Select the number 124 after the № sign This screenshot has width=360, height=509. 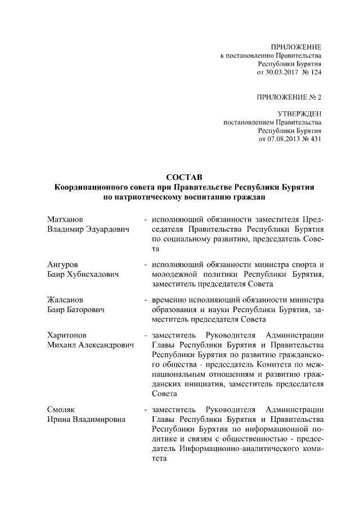(315, 73)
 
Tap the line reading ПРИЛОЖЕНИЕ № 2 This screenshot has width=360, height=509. (289, 97)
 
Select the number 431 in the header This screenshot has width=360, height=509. (315, 139)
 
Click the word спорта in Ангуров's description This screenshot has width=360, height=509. (305, 264)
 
